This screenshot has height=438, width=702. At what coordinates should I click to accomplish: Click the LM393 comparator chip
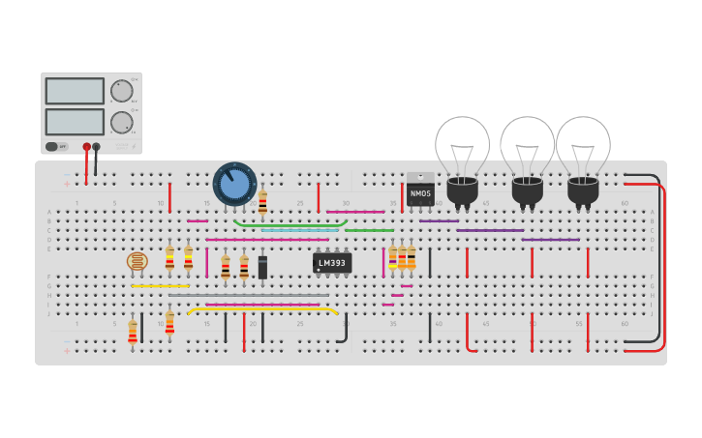click(x=332, y=263)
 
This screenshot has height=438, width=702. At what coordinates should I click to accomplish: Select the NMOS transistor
click(x=420, y=191)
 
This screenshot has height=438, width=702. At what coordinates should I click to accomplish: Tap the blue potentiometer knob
click(x=234, y=184)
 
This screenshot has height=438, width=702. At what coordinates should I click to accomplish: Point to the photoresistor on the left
click(x=137, y=261)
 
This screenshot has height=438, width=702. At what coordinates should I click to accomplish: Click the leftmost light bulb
click(x=462, y=155)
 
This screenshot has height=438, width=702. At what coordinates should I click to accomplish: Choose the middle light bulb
click(x=527, y=155)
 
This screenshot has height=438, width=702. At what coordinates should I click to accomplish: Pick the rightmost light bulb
click(x=583, y=155)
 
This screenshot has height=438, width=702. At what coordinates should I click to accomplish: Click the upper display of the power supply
click(x=75, y=91)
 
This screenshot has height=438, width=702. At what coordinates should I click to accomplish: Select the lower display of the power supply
click(x=75, y=122)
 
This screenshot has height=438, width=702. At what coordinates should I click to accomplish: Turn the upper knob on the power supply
click(x=122, y=91)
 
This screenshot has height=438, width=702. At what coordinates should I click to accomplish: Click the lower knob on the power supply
click(x=122, y=123)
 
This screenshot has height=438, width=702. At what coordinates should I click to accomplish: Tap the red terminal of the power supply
click(x=86, y=147)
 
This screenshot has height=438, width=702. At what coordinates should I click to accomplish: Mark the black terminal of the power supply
click(x=96, y=147)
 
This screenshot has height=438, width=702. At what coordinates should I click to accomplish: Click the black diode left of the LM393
click(x=262, y=268)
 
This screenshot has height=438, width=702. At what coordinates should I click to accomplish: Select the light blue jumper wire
click(x=300, y=230)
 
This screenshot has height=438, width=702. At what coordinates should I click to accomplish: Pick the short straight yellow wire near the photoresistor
click(x=160, y=286)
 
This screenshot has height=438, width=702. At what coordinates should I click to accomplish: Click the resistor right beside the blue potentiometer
click(x=262, y=204)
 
